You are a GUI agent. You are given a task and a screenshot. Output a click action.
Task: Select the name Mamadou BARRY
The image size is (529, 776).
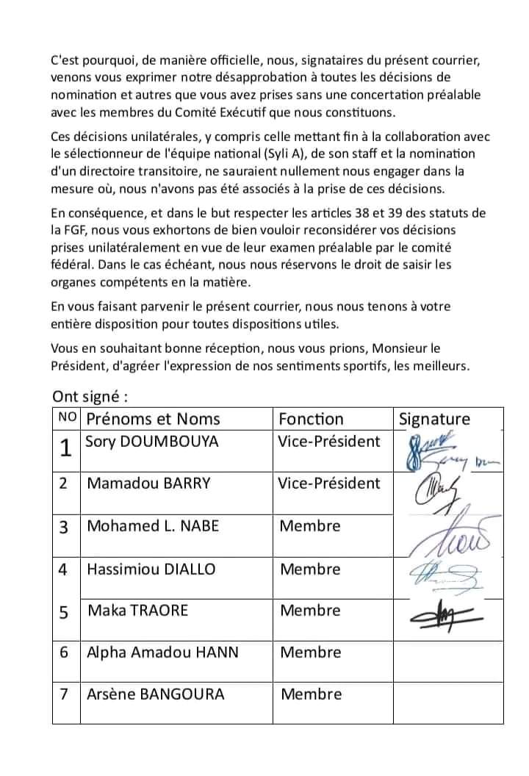(148, 484)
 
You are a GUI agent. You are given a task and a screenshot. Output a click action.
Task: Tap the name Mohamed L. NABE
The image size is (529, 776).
(153, 526)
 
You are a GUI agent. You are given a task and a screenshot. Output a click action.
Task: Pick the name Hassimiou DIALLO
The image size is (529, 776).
(151, 569)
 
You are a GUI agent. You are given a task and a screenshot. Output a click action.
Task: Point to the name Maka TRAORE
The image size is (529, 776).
(137, 611)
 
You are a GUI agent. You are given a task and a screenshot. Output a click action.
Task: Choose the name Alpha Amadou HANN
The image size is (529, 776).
(162, 653)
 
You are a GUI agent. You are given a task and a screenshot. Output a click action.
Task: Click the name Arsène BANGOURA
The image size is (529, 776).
(155, 694)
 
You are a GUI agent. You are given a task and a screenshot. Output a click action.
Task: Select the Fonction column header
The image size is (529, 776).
(312, 420)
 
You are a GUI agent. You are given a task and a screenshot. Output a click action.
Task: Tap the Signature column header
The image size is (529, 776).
(434, 420)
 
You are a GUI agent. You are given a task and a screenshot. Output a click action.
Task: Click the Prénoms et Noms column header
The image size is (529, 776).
(153, 420)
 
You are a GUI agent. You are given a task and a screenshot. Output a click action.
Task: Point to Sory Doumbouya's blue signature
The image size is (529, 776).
(441, 452)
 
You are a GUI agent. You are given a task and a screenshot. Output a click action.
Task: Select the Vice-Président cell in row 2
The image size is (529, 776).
(329, 484)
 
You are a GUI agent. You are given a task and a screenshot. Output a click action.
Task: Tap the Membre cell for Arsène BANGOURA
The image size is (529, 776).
(311, 694)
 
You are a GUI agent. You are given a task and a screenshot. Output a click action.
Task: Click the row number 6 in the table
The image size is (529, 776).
(65, 653)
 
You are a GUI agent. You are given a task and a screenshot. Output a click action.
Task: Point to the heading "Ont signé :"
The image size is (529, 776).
(90, 397)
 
